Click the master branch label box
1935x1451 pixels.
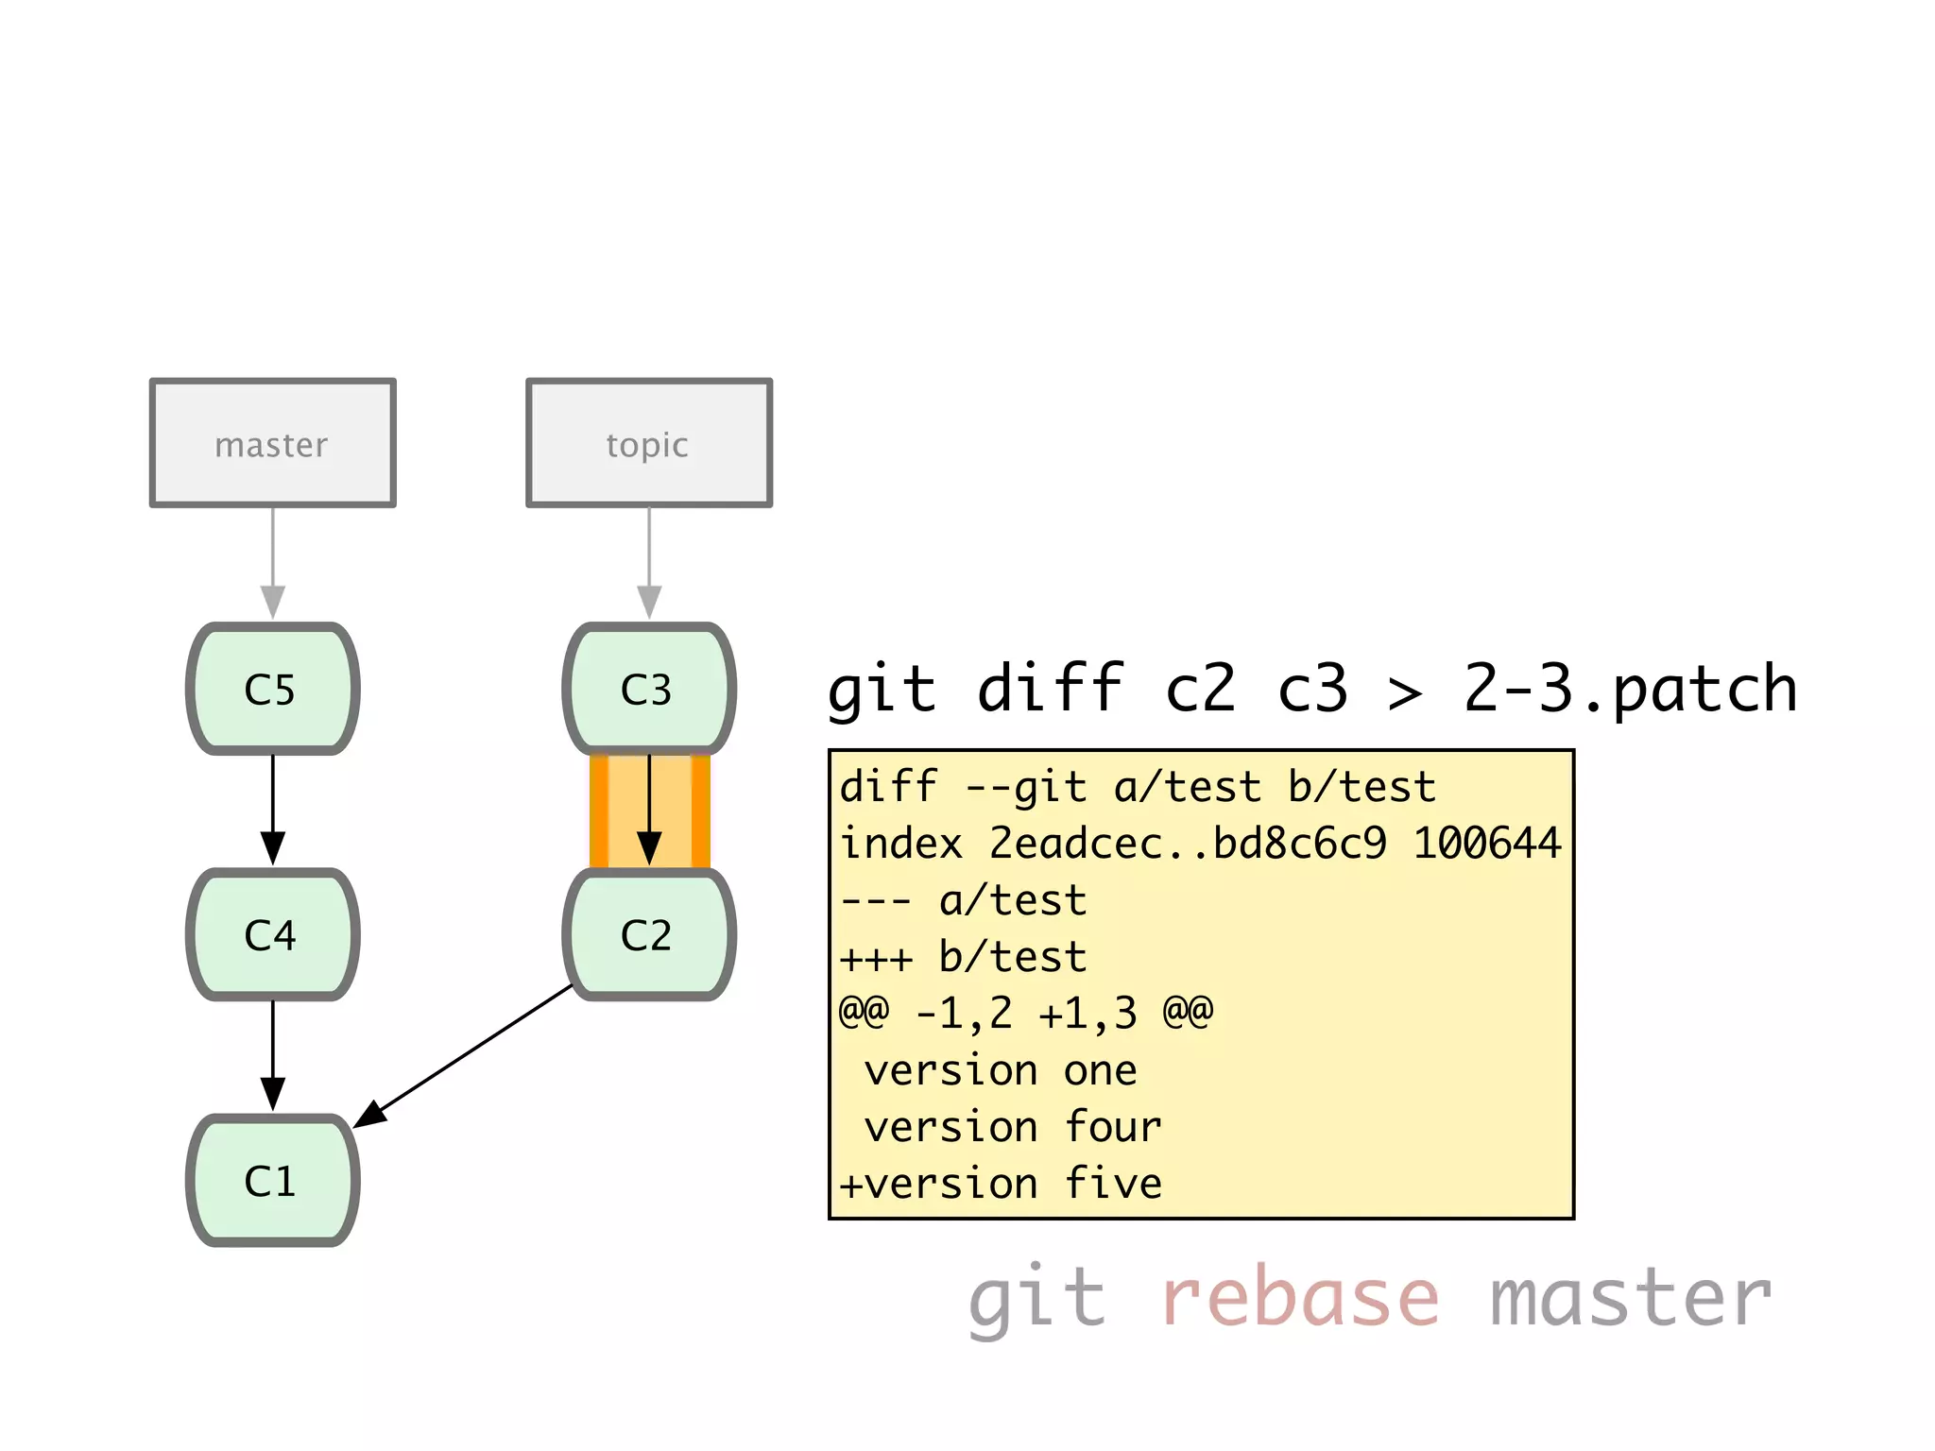click(x=272, y=443)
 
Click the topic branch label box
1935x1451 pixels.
click(x=649, y=443)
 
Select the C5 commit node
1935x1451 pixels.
click(x=272, y=689)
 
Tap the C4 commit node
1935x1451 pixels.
click(x=272, y=934)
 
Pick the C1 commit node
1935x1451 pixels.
click(x=272, y=1180)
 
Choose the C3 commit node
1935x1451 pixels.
click(x=649, y=689)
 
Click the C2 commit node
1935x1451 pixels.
click(x=649, y=934)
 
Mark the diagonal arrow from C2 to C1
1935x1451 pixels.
click(x=463, y=1056)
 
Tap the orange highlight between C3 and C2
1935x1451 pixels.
click(x=606, y=811)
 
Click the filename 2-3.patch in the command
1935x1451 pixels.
click(x=1629, y=689)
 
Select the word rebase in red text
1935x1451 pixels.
click(x=1300, y=1298)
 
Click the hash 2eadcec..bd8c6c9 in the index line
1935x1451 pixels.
click(x=1188, y=844)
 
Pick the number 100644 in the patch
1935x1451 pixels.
click(x=1486, y=844)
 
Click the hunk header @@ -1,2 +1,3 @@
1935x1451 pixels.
click(x=1026, y=1014)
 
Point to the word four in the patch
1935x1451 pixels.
click(x=1113, y=1127)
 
